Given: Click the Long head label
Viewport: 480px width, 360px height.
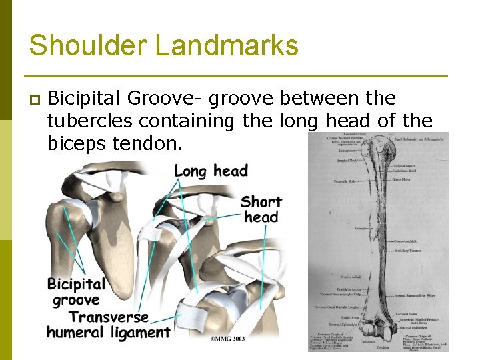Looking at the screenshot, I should [x=211, y=171].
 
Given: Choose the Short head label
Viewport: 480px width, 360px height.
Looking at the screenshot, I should [x=261, y=209].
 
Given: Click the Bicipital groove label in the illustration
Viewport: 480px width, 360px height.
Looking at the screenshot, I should [x=76, y=292].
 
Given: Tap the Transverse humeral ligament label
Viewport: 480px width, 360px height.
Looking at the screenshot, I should [x=109, y=325].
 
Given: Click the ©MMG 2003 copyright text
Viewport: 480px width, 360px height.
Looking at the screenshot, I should [x=227, y=339].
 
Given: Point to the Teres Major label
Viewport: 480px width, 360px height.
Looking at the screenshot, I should [x=401, y=179].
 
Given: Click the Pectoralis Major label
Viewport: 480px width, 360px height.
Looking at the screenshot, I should [x=345, y=181].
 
